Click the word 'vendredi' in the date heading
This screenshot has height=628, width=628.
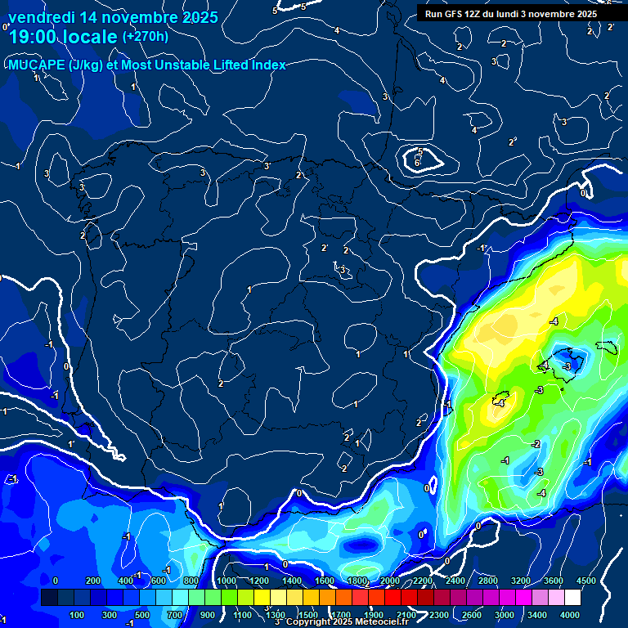(x=42, y=17)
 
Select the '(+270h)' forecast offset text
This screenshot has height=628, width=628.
(x=146, y=37)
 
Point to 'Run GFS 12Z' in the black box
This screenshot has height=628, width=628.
(x=455, y=14)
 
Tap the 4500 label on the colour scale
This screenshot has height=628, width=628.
(x=585, y=581)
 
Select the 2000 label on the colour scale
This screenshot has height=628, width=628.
(x=390, y=581)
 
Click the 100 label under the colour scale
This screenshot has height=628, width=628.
(x=78, y=614)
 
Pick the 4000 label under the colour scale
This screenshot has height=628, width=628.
(x=569, y=614)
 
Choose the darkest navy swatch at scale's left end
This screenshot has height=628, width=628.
(x=49, y=598)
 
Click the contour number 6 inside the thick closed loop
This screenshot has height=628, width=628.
(x=417, y=163)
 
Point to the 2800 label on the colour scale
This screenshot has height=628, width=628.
(x=488, y=581)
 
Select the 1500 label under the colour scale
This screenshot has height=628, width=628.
(x=307, y=614)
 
